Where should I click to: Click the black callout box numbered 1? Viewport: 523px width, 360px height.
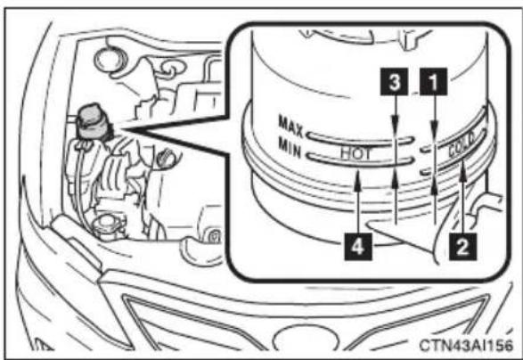point(433,82)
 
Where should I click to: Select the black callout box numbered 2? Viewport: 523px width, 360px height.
point(462,247)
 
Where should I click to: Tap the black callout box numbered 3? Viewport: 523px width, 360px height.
point(395,82)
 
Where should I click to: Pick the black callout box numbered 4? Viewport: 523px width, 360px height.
point(357,247)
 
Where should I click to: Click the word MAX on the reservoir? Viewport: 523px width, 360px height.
point(290,127)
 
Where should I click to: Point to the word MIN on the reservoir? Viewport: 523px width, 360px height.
point(290,149)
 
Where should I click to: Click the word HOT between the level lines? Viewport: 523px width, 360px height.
point(355,154)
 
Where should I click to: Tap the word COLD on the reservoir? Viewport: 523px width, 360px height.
point(462,144)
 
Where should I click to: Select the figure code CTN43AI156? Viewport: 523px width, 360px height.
point(466,346)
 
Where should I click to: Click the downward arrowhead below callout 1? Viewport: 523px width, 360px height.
point(434,129)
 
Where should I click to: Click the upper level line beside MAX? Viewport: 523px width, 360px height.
point(360,141)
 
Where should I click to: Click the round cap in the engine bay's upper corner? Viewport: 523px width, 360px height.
point(109,60)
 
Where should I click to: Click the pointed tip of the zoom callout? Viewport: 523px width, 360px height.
point(122,129)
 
